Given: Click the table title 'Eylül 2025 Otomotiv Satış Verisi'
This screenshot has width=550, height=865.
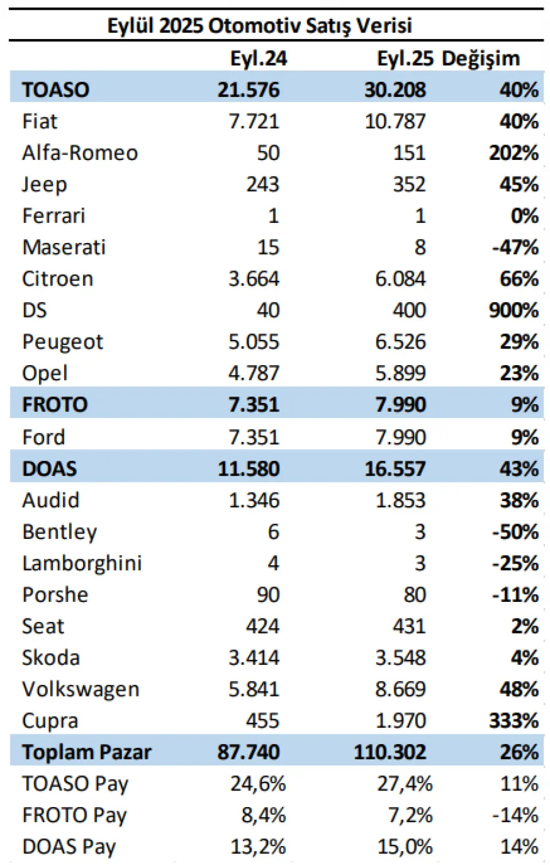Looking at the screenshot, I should pos(260,26).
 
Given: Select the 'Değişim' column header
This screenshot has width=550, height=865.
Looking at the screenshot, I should pos(481,58).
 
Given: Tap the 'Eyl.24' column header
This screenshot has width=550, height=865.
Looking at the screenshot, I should pos(258,58).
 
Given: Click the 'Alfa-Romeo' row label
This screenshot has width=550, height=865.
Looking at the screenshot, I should pos(80,153).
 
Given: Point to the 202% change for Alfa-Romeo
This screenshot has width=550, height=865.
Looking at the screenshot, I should pos(513,153).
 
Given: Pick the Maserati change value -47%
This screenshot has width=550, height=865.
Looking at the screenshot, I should pos(515,248).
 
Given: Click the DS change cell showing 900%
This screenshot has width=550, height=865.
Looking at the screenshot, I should pos(513,310).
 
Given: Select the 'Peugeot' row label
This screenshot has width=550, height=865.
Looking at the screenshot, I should pos(62,342).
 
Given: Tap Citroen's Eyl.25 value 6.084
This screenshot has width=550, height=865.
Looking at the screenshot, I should pos(400,279).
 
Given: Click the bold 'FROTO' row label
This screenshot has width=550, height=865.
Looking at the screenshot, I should pos(55,405).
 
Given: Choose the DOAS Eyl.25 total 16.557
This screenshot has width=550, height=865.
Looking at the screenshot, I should pos(395,469).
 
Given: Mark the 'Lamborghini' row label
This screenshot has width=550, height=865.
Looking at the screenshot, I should pos(82,563).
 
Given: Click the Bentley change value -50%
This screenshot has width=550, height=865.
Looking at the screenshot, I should pos(515,532).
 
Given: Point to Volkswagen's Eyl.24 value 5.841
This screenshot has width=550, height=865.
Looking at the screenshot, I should pos(254,689).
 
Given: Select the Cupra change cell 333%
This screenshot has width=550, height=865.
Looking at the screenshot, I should pos(513,721).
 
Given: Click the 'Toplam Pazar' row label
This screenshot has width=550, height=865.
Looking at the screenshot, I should pos(87,752).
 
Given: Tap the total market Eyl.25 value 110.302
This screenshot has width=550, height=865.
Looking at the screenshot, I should pos(390,752).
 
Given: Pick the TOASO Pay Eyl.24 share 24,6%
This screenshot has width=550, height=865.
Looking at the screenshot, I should pos(258,784).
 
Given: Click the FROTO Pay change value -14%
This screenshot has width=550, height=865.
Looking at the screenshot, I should pos(515,815).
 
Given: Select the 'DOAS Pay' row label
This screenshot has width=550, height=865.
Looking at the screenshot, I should pos(69,847).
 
